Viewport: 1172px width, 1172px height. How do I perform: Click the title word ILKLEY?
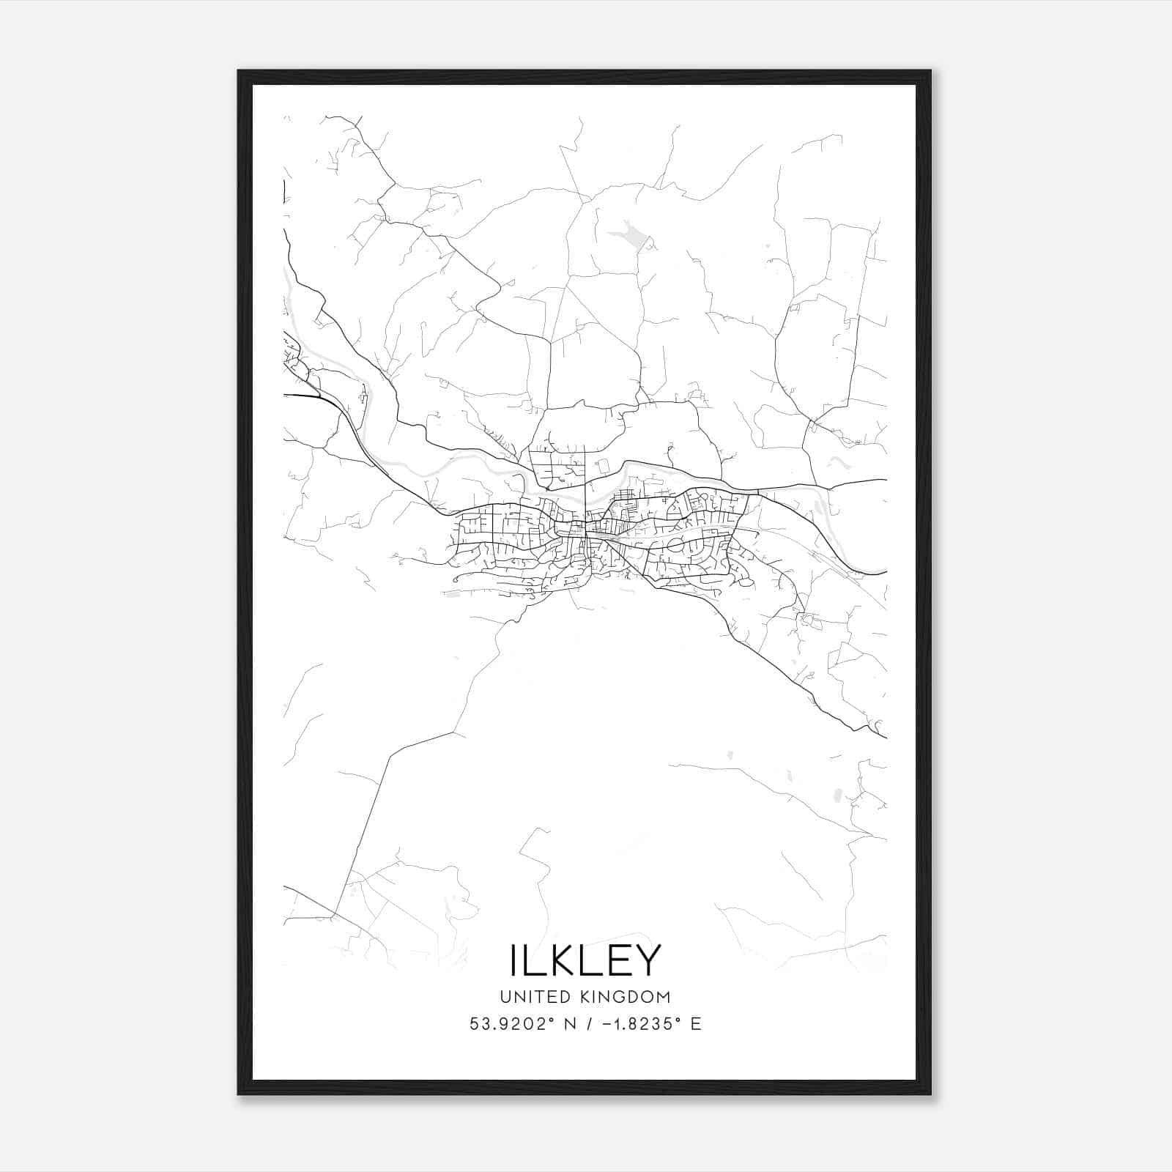click(x=585, y=960)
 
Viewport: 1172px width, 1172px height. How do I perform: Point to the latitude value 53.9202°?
click(x=508, y=1024)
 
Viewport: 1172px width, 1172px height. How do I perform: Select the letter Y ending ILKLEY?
click(x=647, y=960)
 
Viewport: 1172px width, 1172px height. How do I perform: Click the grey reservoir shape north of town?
click(x=629, y=236)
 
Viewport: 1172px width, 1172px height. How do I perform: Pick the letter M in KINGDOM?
click(x=664, y=997)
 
